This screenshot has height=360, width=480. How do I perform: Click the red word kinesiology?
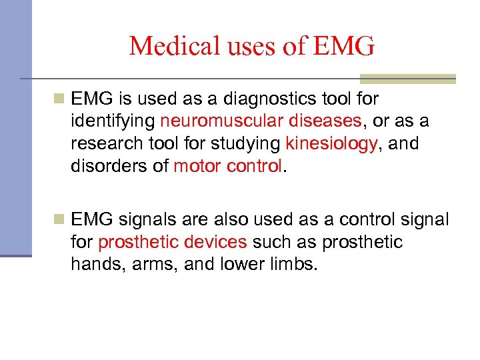pyautogui.click(x=331, y=143)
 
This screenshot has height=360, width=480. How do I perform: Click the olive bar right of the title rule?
pyautogui.click(x=427, y=79)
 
